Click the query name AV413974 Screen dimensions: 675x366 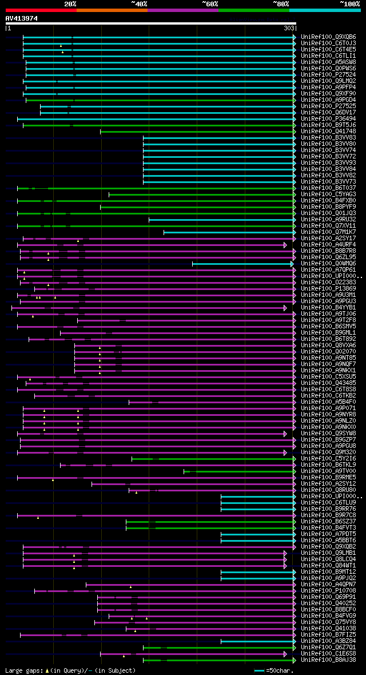tap(22, 18)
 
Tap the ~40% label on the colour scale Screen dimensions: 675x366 tap(139, 4)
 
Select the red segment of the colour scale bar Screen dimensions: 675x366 tap(41, 10)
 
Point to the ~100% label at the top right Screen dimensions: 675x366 tap(349, 4)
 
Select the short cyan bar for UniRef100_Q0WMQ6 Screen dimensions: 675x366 tap(242, 264)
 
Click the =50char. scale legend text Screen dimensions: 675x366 tap(280, 670)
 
